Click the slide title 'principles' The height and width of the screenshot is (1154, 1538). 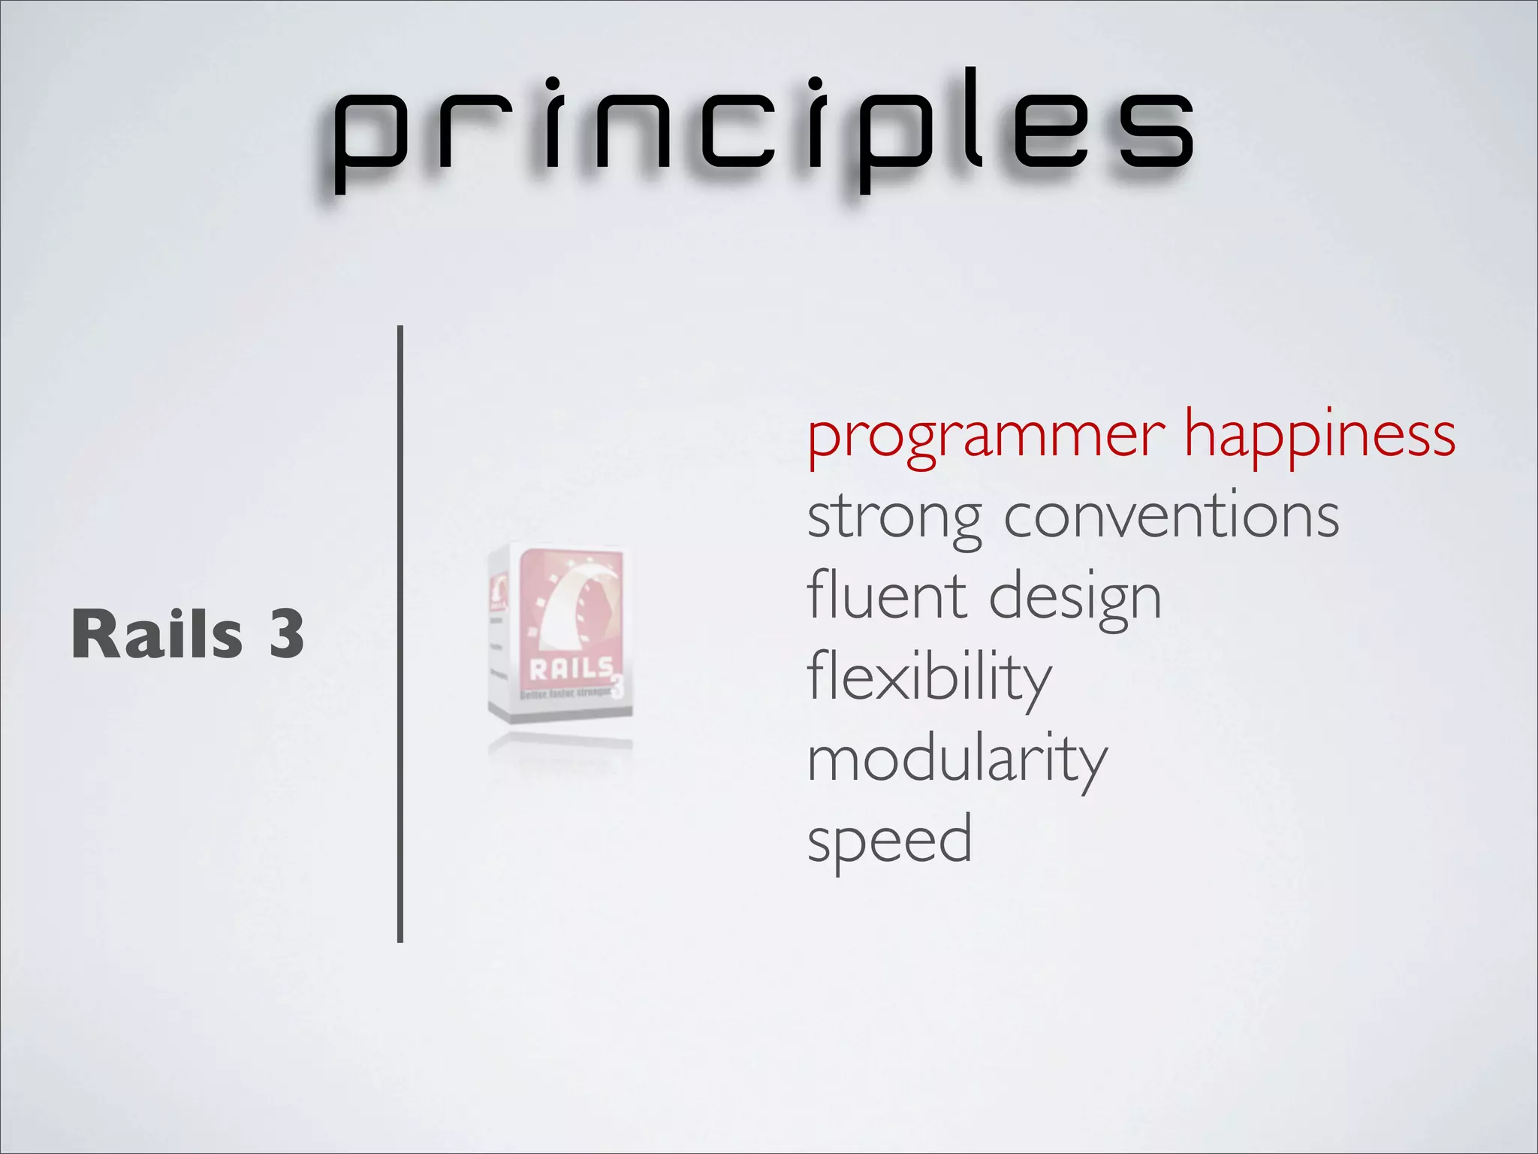(x=762, y=128)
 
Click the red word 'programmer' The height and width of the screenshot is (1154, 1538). (x=986, y=436)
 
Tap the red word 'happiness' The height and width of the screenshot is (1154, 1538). (x=1319, y=436)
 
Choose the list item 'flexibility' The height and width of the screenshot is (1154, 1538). (x=929, y=678)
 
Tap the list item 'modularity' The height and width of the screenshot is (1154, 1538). (x=957, y=760)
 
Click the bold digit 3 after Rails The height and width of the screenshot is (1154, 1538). (x=286, y=635)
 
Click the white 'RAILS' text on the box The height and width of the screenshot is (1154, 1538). (x=571, y=669)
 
